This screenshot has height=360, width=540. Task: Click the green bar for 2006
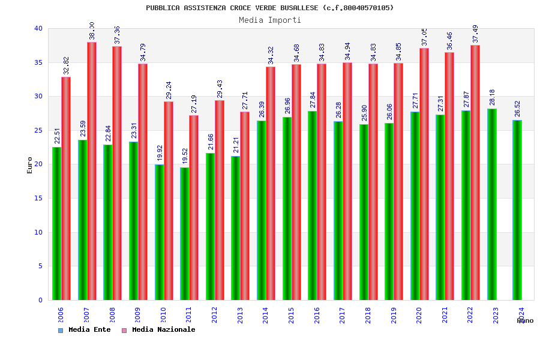[x=56, y=223]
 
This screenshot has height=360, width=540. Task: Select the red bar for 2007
[x=92, y=171]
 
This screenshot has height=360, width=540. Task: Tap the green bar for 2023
[x=492, y=204]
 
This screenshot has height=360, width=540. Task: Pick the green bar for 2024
[x=517, y=210]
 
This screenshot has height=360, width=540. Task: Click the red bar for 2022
[x=475, y=172]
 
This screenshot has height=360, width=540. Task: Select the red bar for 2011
[x=194, y=207]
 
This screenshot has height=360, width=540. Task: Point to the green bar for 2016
[x=313, y=205]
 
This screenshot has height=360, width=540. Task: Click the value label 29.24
[x=169, y=91]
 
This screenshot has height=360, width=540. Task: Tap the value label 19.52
[x=185, y=157]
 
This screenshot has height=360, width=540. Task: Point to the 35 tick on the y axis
[x=38, y=62]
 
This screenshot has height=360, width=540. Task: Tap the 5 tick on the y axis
[x=40, y=266]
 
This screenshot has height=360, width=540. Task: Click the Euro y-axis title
[x=30, y=165]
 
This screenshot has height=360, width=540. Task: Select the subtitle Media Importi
[x=270, y=20]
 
